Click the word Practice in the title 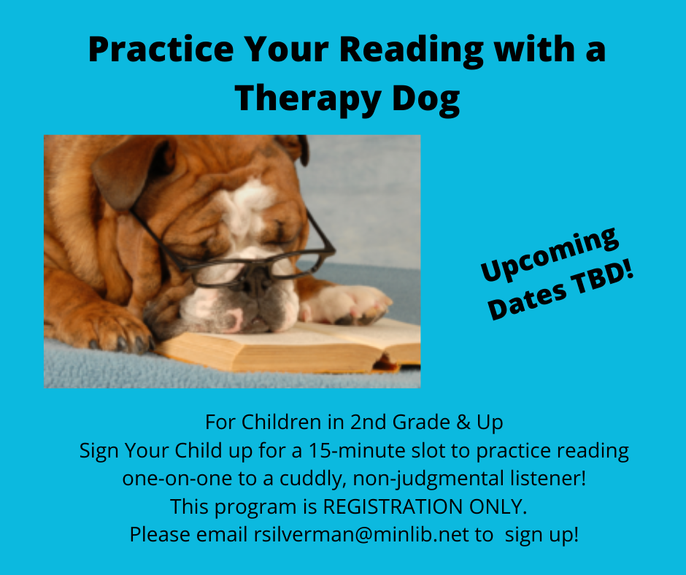tap(161, 49)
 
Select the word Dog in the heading tap(425, 100)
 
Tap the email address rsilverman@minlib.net tap(361, 534)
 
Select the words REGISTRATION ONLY tap(425, 506)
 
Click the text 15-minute tap(357, 450)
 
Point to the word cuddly tap(311, 479)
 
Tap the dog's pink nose tap(234, 318)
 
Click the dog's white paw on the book tap(346, 304)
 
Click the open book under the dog tap(289, 346)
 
